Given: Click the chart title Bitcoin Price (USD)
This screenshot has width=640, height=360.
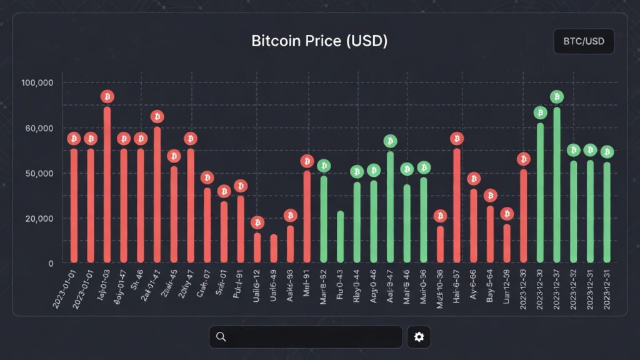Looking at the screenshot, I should click(319, 41).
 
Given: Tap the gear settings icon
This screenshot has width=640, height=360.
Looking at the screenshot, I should click(419, 337).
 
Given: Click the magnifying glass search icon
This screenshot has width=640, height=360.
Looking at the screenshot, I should click(221, 337).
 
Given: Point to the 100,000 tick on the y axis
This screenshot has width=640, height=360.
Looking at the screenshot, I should click(38, 83).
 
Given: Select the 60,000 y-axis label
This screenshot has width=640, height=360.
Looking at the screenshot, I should click(38, 128).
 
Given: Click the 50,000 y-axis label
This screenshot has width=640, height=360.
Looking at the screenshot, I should click(38, 173).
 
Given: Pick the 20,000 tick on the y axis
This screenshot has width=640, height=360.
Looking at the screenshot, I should click(38, 219).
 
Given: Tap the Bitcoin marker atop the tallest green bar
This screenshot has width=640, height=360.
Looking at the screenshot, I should click(557, 97).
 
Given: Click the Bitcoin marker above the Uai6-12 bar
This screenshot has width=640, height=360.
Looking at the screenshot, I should click(257, 222).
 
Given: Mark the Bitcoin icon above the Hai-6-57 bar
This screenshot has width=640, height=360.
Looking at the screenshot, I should click(457, 138).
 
